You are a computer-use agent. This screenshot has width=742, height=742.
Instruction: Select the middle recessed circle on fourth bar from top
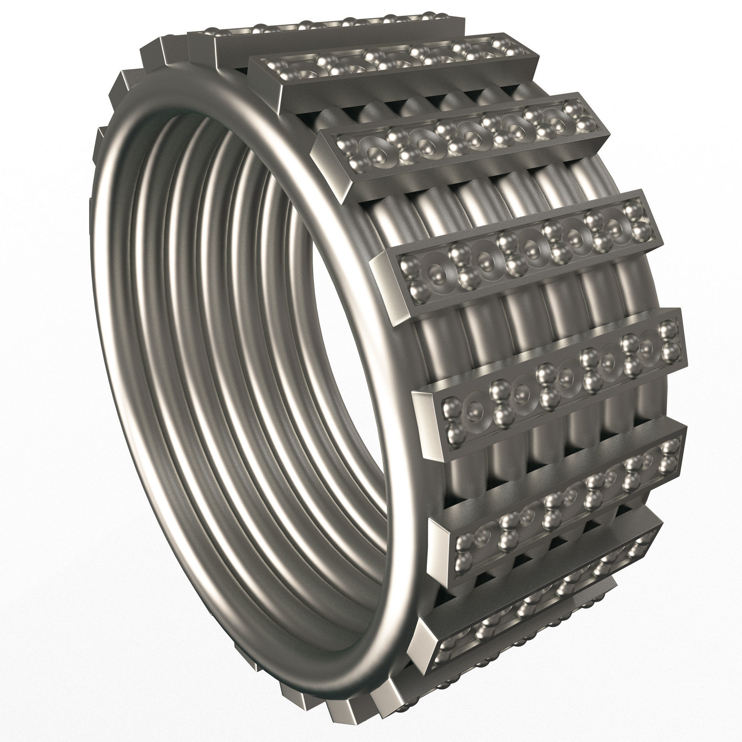tap(532, 250)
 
